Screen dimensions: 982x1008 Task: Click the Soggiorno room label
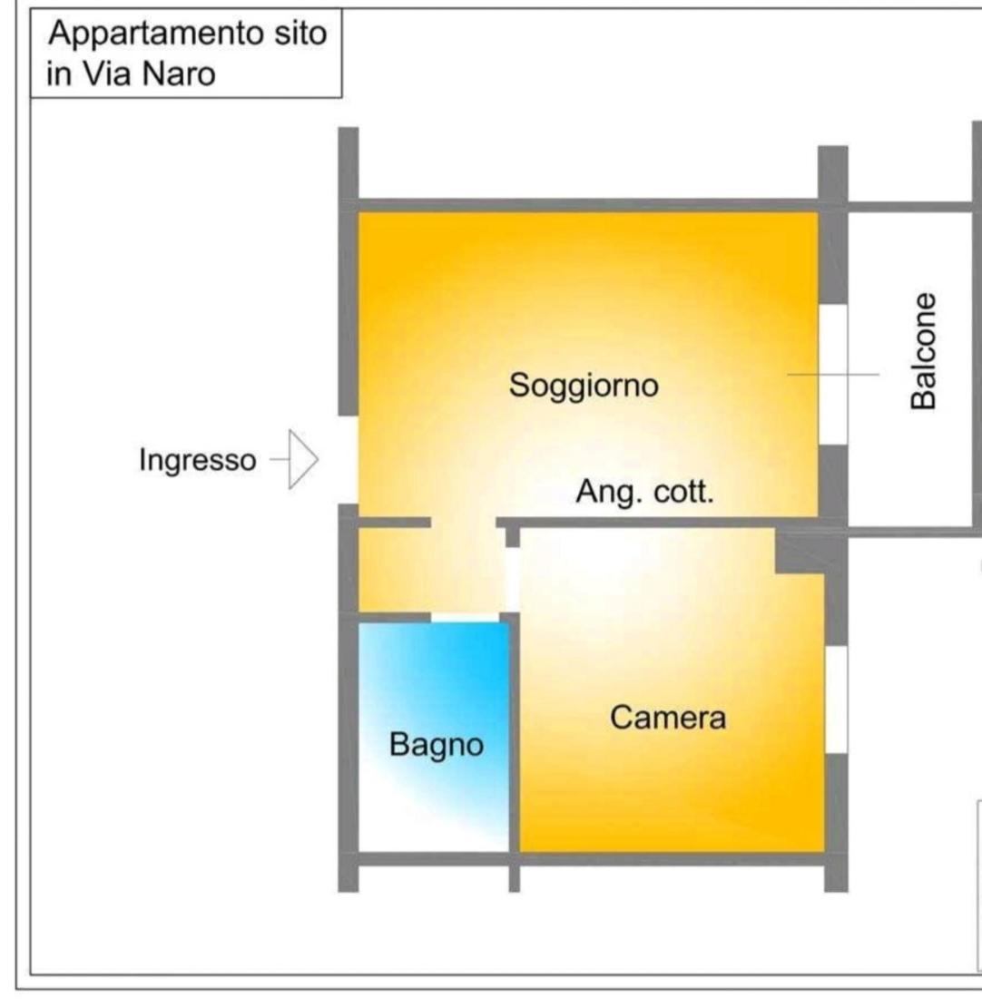click(584, 386)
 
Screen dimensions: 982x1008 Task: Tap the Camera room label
click(668, 718)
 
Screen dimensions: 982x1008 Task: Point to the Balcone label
click(924, 351)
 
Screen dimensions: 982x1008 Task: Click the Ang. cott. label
click(644, 493)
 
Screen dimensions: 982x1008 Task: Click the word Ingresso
click(198, 461)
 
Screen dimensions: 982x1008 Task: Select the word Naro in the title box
click(179, 73)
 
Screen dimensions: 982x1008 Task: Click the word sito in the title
click(300, 33)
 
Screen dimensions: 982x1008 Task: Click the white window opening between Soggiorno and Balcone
click(833, 374)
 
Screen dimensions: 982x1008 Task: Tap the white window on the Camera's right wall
click(836, 700)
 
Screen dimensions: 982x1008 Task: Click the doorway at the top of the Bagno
click(465, 618)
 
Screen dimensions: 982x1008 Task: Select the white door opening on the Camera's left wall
click(512, 580)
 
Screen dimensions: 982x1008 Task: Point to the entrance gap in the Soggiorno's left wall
click(349, 460)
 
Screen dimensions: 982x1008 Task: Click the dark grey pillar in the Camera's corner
click(800, 551)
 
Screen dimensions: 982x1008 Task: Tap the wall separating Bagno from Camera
click(515, 736)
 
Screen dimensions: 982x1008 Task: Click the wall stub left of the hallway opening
click(394, 523)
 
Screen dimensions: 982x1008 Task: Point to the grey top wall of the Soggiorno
click(588, 206)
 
